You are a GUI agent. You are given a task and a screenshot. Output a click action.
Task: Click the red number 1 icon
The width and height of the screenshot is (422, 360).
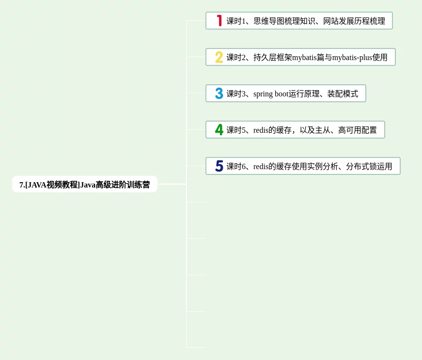click(219, 21)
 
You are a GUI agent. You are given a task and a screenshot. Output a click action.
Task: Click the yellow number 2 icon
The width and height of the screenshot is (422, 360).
click(219, 57)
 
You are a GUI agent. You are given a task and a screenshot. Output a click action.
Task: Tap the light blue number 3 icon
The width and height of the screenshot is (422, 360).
click(219, 94)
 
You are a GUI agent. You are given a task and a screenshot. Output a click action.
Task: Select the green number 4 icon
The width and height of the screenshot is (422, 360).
click(219, 130)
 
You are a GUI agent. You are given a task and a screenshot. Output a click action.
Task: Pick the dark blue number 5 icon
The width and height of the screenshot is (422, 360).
click(219, 166)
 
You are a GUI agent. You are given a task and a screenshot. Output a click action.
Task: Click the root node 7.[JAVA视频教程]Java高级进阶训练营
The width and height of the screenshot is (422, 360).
click(85, 185)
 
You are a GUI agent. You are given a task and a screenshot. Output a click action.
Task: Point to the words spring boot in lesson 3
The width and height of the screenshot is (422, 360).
click(271, 94)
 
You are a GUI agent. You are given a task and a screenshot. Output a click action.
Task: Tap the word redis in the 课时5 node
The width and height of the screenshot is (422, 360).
click(261, 130)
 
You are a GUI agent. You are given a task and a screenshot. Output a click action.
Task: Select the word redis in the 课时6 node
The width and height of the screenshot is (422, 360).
click(261, 167)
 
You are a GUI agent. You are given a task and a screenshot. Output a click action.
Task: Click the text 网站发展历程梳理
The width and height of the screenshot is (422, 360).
click(354, 21)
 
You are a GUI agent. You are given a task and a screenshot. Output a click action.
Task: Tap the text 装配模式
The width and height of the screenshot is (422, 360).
click(343, 94)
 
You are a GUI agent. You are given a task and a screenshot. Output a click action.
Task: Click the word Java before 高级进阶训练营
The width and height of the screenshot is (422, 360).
click(88, 185)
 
